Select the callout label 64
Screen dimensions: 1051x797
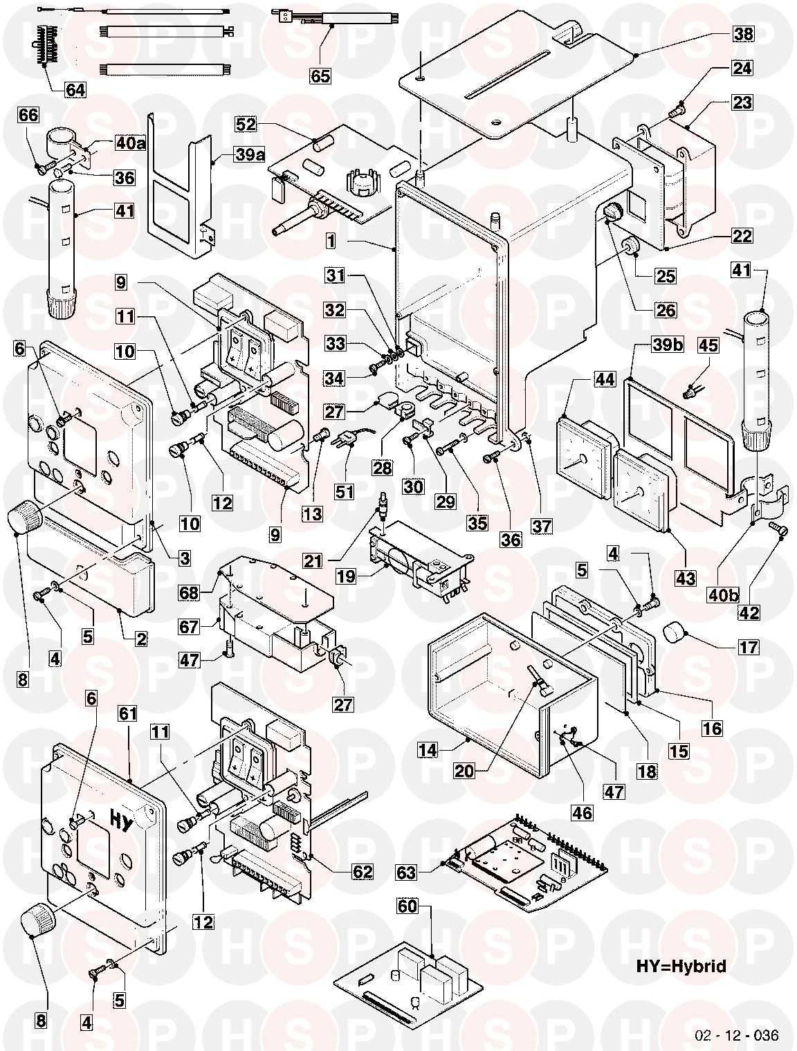click(75, 90)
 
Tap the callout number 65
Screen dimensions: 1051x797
click(320, 76)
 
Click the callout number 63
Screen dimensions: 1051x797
click(407, 873)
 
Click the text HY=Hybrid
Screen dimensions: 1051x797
click(681, 966)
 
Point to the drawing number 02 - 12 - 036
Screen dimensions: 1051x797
click(736, 1035)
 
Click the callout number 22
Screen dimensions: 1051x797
click(742, 235)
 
